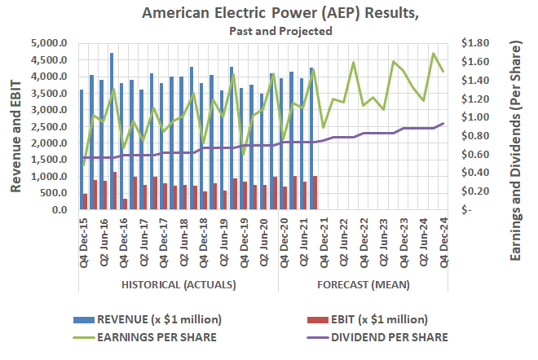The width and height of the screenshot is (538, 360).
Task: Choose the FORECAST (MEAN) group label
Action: [x=364, y=285]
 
